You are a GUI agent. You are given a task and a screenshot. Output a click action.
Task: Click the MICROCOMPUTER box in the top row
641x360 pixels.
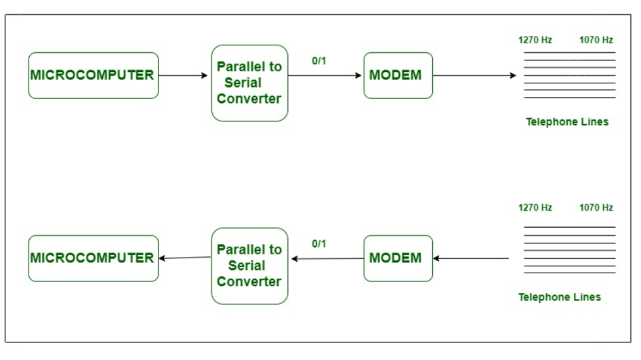coord(93,75)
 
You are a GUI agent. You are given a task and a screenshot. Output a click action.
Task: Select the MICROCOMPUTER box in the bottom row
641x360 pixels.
coord(93,258)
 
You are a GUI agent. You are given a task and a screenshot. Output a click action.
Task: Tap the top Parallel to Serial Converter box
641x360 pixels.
coord(249,83)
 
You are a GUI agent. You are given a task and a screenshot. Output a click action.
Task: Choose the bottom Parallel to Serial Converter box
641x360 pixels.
coord(249,266)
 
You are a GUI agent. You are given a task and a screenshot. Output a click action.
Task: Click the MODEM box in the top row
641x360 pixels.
coord(398,75)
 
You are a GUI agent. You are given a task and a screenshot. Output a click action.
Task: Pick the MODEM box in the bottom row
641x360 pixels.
coord(398,258)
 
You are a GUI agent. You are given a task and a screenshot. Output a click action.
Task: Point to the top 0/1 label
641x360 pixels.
coord(319,61)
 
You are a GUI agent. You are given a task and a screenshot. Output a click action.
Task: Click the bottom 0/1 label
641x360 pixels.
coord(319,243)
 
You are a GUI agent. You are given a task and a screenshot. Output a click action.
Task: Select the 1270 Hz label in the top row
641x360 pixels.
coord(535,40)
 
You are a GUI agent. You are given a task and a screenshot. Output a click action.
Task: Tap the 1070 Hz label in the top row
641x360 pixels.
coord(596,40)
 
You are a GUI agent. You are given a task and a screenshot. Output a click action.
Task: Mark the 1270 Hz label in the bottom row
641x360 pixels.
coord(535,207)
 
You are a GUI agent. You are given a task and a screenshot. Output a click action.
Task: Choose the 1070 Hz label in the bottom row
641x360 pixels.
coord(596,207)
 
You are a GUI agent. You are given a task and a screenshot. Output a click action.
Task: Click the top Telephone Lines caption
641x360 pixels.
coord(567,122)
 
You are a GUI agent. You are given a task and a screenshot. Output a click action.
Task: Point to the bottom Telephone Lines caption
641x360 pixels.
coord(560,297)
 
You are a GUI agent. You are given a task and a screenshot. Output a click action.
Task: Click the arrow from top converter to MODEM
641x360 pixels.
coord(325,75)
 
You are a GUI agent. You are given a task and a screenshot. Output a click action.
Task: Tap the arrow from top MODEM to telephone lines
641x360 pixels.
coord(474,75)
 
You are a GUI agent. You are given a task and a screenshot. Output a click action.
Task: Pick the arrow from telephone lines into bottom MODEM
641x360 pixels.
coord(471,258)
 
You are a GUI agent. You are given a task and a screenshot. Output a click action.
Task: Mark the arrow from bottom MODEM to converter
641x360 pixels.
coord(327,258)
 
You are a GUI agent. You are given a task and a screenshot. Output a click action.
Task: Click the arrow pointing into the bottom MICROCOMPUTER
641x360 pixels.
coord(184,258)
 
